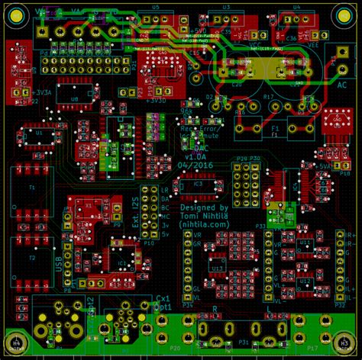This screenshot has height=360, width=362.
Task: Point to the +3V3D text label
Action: click(156, 100)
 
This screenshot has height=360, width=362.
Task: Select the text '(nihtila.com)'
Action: click(204, 225)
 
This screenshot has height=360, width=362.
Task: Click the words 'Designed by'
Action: click(204, 207)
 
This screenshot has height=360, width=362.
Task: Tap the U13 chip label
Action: click(218, 268)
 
